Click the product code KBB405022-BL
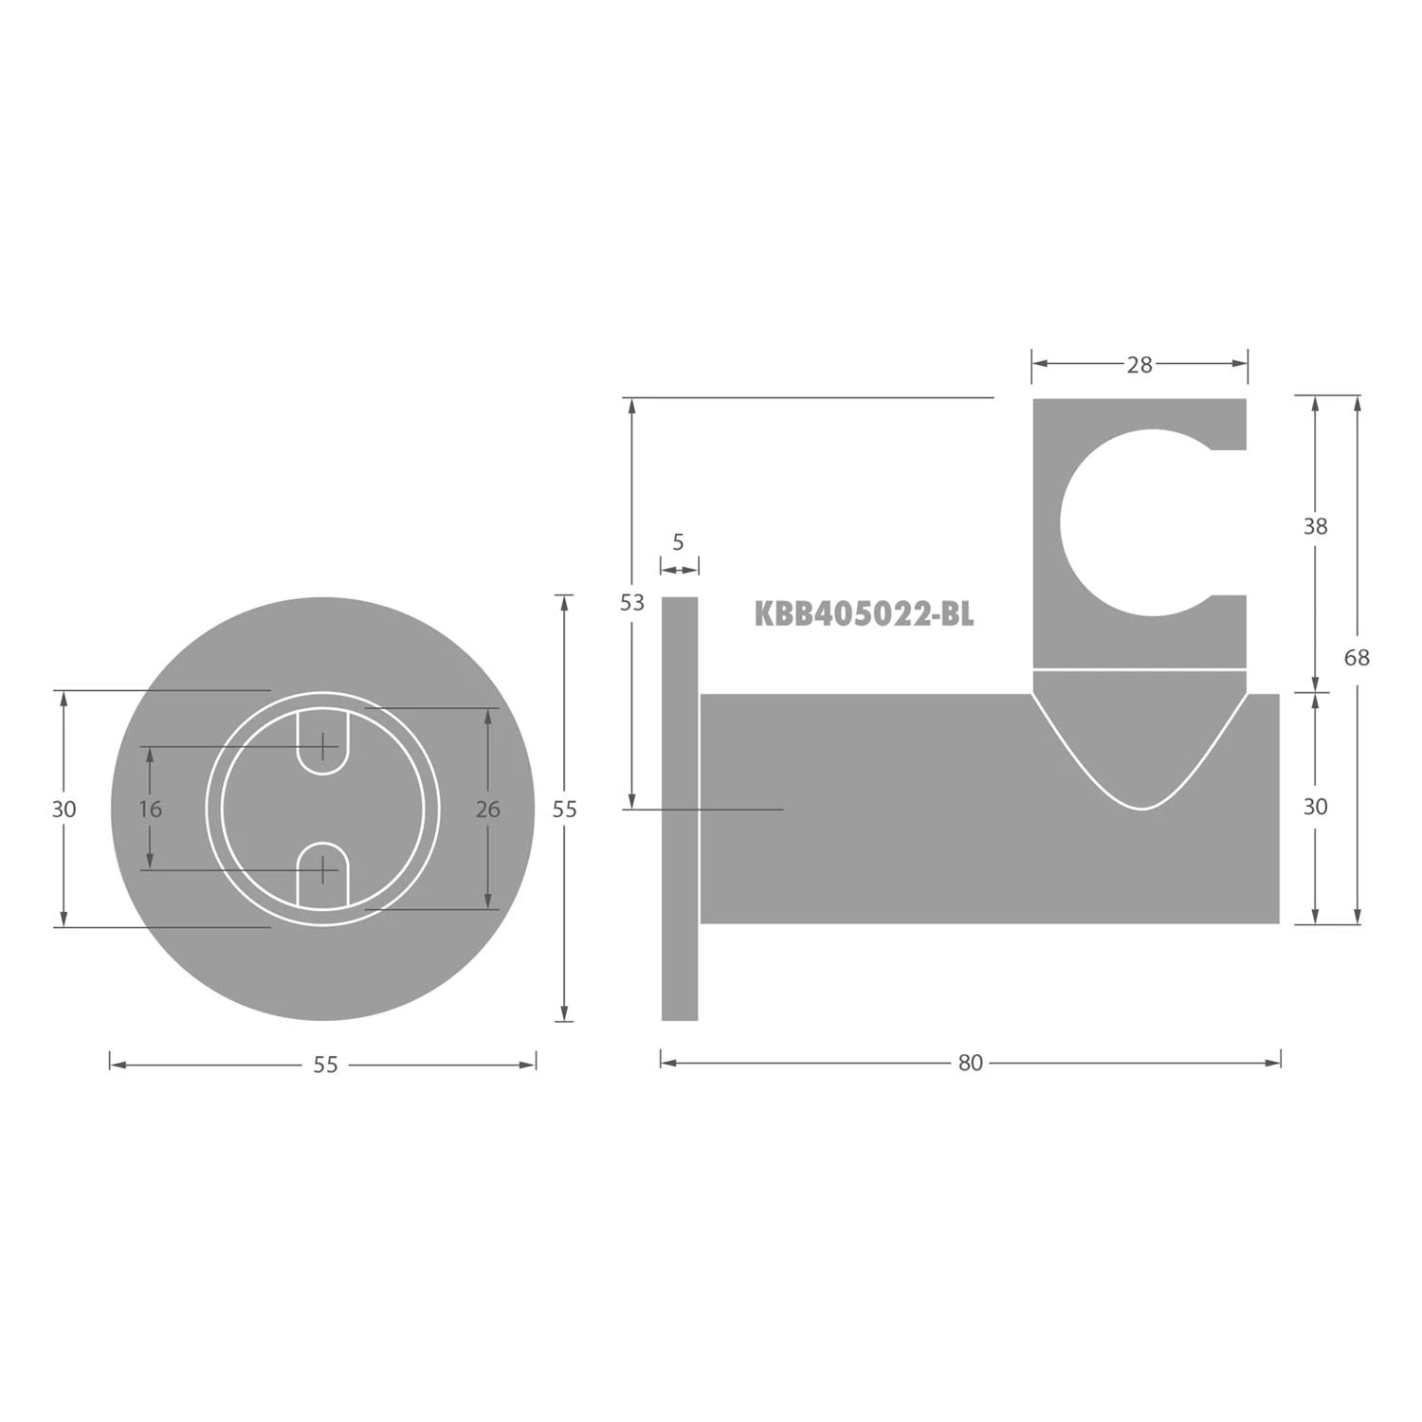pyautogui.click(x=864, y=614)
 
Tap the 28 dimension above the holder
pyautogui.click(x=1139, y=365)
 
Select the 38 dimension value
pyautogui.click(x=1315, y=526)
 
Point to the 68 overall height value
pyautogui.click(x=1357, y=657)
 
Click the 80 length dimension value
pyautogui.click(x=970, y=1063)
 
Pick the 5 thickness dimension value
pyautogui.click(x=678, y=542)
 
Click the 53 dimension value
pyautogui.click(x=632, y=602)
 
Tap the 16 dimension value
pyautogui.click(x=151, y=809)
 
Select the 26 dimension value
pyautogui.click(x=487, y=809)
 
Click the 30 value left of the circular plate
pyautogui.click(x=64, y=809)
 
